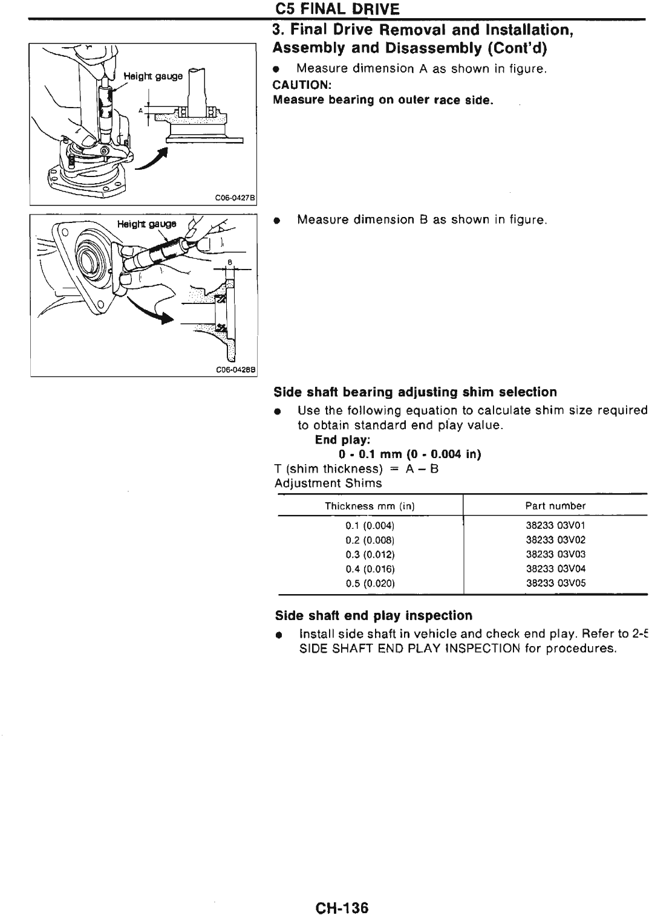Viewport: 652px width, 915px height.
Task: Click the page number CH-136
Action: pyautogui.click(x=342, y=908)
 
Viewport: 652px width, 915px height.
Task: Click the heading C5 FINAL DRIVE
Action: pyautogui.click(x=337, y=9)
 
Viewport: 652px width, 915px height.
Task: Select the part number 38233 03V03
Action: pyautogui.click(x=555, y=554)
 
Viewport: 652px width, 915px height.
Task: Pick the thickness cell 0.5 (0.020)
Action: pyautogui.click(x=370, y=583)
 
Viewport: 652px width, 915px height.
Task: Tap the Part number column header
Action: pyautogui.click(x=555, y=506)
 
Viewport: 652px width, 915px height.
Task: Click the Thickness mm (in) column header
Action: pyautogui.click(x=370, y=506)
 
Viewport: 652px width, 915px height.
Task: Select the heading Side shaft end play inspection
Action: pyautogui.click(x=373, y=616)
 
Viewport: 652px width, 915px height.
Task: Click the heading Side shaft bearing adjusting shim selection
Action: pyautogui.click(x=415, y=392)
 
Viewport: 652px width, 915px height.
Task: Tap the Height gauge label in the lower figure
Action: pyautogui.click(x=146, y=224)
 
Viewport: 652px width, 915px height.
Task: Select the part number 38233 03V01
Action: pyautogui.click(x=555, y=525)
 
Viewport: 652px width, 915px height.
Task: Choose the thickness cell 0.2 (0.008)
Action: pyautogui.click(x=370, y=540)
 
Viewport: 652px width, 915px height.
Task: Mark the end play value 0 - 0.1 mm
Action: pyautogui.click(x=409, y=454)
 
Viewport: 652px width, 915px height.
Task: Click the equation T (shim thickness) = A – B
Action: pyautogui.click(x=356, y=469)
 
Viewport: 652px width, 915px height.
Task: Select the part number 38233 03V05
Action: pyautogui.click(x=555, y=583)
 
